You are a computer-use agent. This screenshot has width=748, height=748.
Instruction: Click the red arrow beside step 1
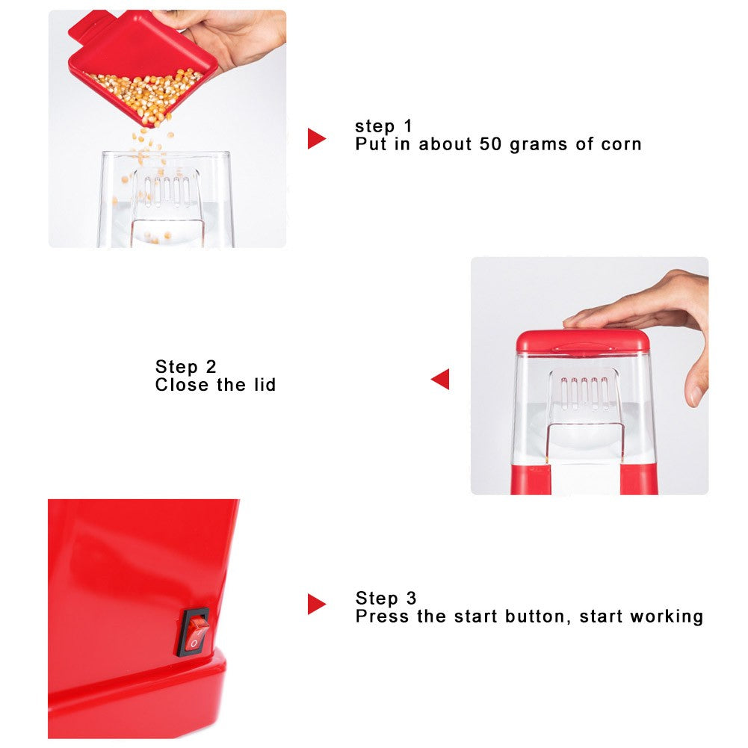tap(316, 138)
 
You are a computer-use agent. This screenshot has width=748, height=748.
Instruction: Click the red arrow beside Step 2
tap(441, 379)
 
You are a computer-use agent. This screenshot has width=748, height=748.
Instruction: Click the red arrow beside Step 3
tap(316, 604)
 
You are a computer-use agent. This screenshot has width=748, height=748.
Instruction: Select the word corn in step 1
tap(621, 143)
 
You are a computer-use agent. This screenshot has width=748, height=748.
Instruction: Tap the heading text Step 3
tap(386, 598)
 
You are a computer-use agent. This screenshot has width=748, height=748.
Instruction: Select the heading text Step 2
tap(185, 367)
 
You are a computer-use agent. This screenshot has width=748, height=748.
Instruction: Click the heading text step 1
tap(383, 126)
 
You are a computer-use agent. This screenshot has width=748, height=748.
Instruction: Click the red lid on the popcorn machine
tap(583, 341)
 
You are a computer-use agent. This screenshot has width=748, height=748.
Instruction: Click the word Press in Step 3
tap(380, 616)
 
